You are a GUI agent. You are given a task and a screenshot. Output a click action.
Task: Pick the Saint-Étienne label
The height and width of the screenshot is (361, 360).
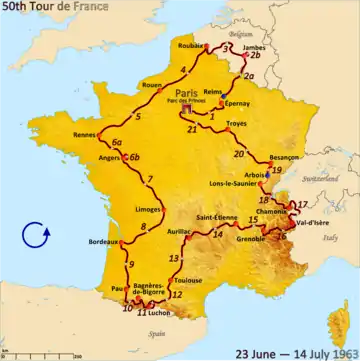(x=214, y=218)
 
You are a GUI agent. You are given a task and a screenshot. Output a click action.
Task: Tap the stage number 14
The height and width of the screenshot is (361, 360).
(x=217, y=234)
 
